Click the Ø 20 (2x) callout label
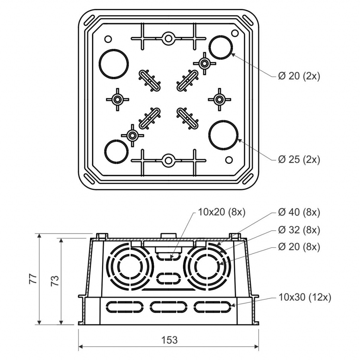(299, 76)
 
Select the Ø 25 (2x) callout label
(299, 159)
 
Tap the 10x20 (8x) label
(221, 212)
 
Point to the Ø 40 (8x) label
(299, 212)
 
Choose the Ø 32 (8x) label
(299, 230)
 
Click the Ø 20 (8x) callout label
(299, 247)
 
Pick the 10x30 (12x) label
(305, 297)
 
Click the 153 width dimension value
(169, 340)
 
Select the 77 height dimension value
(33, 279)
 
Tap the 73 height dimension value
(55, 280)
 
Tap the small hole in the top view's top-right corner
(234, 33)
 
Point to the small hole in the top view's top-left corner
(108, 39)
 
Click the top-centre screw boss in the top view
(168, 38)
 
